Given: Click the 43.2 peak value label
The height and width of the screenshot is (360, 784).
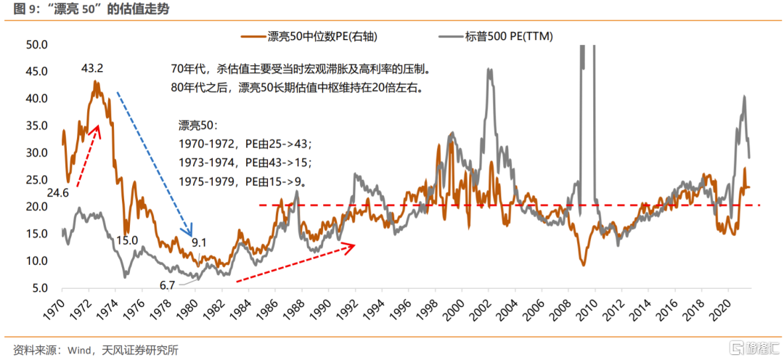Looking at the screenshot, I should (x=92, y=69).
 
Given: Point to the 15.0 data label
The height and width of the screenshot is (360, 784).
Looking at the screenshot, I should (x=127, y=240).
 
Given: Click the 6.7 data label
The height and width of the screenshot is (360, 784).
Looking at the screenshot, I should (x=167, y=285).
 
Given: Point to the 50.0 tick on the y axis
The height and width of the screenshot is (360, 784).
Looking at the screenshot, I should (x=36, y=44).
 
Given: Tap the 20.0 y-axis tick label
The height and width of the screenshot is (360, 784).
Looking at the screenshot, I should (x=36, y=207).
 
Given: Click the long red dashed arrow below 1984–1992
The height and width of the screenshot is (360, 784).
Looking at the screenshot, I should (x=295, y=263).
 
